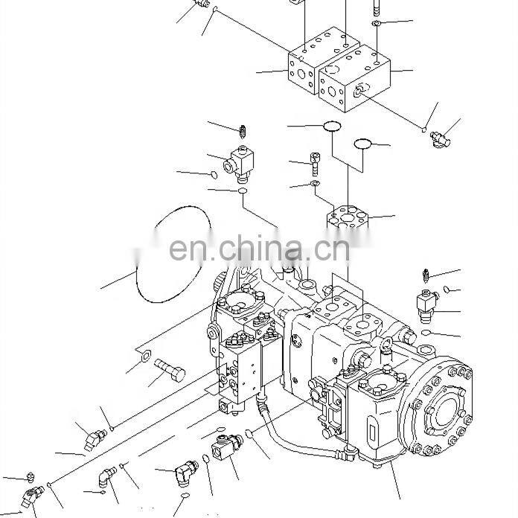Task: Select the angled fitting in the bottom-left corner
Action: click(x=35, y=495)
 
